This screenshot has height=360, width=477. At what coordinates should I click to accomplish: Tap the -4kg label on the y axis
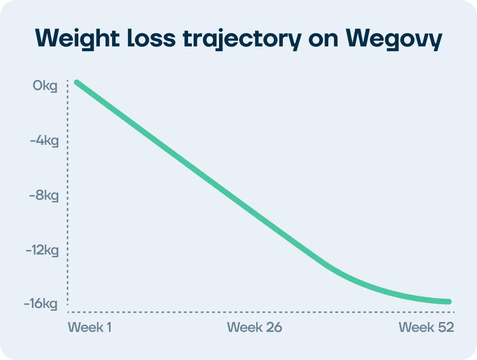coord(44,141)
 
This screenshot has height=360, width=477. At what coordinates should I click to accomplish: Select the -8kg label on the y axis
coord(44,195)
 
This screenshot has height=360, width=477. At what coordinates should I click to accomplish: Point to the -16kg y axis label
coord(41,304)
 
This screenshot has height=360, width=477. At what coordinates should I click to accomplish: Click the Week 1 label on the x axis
coord(91,327)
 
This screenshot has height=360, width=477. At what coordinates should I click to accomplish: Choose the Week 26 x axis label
coord(255,327)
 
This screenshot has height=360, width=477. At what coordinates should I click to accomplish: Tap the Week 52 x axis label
coord(426,327)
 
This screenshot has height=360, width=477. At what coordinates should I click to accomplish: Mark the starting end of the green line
coord(77,83)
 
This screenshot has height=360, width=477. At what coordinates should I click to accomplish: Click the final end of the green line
coord(448,301)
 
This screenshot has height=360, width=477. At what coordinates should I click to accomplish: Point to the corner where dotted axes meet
coord(68,312)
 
